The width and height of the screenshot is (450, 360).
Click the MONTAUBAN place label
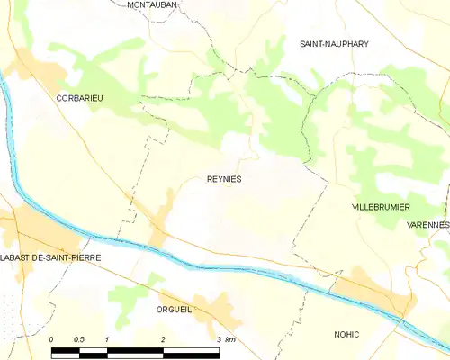(152, 5)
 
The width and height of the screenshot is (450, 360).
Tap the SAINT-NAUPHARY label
(334, 43)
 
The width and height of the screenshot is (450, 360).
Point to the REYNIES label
(224, 179)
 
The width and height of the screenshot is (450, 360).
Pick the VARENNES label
(427, 224)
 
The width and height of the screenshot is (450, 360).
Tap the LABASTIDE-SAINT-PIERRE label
(51, 257)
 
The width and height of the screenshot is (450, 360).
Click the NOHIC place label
(346, 334)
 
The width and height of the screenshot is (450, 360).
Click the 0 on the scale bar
(51, 338)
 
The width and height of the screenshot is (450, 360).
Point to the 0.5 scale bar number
(79, 338)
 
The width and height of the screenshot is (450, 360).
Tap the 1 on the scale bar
(107, 338)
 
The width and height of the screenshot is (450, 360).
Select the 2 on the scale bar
(163, 338)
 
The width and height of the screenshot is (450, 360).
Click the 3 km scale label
(226, 338)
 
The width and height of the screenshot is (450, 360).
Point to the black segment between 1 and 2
(135, 349)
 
